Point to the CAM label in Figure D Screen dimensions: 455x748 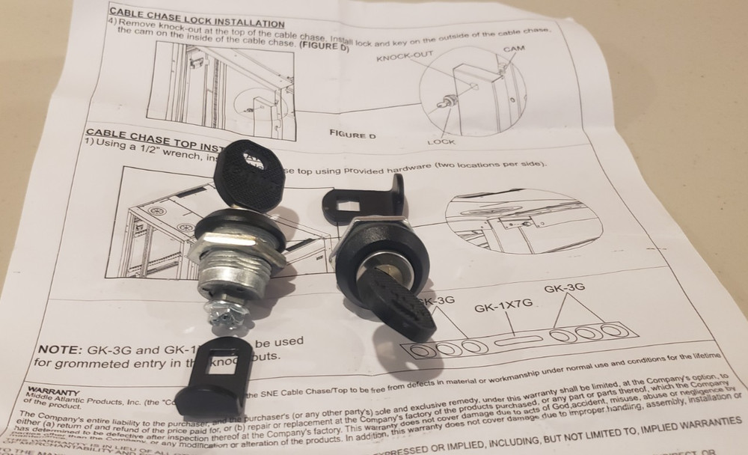coord(512,49)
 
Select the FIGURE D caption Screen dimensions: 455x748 coord(352,135)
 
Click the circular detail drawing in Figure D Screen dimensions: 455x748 coord(471,90)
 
